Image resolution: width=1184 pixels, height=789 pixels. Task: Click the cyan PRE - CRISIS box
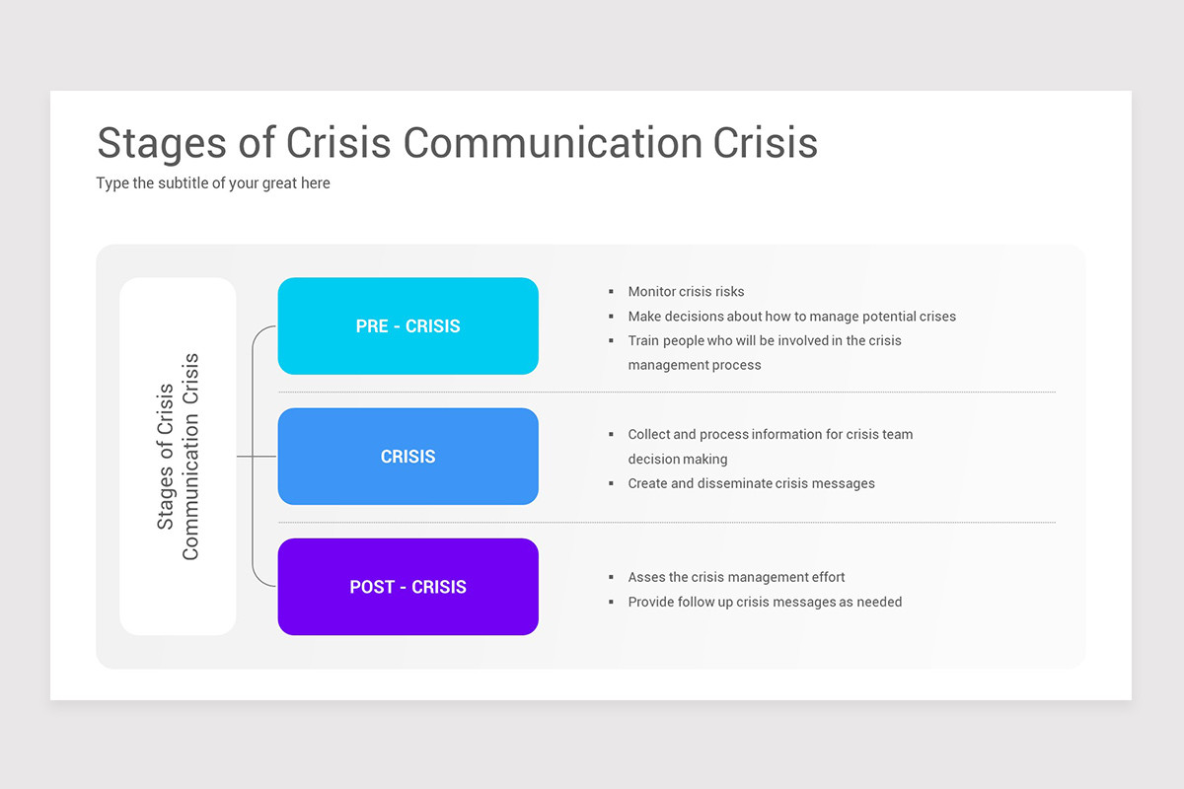tap(407, 326)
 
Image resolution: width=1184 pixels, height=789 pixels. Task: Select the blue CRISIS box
tap(407, 457)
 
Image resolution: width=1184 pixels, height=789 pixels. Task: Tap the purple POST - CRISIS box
tap(407, 587)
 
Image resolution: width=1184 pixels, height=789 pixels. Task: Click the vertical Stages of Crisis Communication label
tap(178, 457)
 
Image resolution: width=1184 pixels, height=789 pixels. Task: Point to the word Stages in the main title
tap(161, 143)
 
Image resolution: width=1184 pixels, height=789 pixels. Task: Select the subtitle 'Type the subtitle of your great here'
tap(213, 183)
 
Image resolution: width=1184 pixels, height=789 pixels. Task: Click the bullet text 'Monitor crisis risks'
tap(686, 292)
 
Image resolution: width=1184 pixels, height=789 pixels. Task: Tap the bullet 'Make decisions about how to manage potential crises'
tap(791, 317)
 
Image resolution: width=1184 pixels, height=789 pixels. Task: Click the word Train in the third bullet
tap(645, 341)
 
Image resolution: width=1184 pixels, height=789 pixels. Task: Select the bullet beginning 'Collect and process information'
tap(770, 435)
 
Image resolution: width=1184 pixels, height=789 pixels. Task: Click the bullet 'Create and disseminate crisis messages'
tap(751, 484)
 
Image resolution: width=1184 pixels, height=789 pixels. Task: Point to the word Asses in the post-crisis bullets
tap(646, 578)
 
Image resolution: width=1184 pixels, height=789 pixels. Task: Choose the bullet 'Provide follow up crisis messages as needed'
tap(765, 603)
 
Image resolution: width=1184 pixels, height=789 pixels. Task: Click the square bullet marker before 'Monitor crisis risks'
tap(612, 292)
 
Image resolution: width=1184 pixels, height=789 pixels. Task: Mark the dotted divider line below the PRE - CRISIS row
tap(666, 393)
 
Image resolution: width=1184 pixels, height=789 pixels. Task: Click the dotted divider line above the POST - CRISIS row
tap(666, 523)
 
